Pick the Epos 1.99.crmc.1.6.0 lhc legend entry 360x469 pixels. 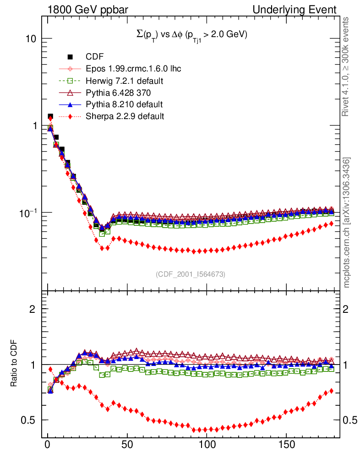coord(133,69)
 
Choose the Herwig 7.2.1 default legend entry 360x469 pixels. coord(125,81)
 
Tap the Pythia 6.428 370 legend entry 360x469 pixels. coord(121,93)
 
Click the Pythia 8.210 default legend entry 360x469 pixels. coord(124,104)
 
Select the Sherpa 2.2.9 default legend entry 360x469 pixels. coord(125,116)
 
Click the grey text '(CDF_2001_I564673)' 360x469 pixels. coord(191,274)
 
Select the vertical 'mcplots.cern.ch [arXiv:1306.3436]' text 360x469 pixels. coord(347,222)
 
